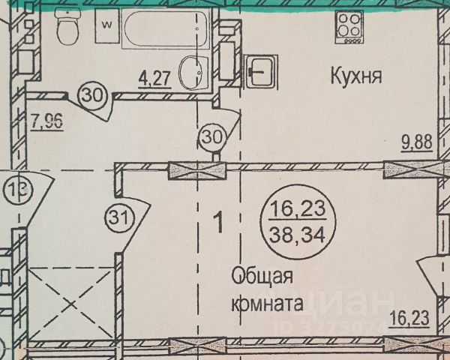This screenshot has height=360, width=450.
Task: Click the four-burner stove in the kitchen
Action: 347,34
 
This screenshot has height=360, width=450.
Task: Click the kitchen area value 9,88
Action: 415,141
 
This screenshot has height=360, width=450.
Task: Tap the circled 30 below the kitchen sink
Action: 214,138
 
